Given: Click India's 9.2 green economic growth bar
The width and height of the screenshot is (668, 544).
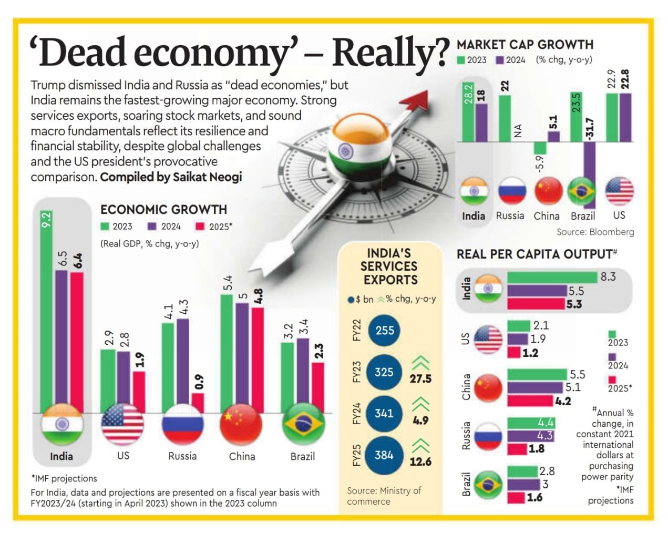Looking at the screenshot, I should [46, 315].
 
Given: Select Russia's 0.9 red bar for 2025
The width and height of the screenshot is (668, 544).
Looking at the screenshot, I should [198, 403].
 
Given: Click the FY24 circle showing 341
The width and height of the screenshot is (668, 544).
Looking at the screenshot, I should [384, 414].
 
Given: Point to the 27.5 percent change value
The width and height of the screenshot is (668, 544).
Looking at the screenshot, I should [420, 379].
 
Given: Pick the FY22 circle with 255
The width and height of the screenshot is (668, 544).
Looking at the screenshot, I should [384, 331].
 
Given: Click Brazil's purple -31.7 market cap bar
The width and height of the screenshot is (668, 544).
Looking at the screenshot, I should [589, 173].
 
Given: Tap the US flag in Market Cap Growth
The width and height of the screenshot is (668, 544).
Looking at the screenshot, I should [619, 191].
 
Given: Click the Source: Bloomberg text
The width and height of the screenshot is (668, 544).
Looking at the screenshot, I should [595, 232].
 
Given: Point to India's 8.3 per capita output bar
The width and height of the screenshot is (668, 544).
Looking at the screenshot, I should [552, 277].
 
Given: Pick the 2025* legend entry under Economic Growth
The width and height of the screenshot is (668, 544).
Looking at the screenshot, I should [214, 227].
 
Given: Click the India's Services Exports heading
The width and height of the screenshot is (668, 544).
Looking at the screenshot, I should [390, 266].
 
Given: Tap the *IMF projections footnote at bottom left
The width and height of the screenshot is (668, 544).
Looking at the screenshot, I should [64, 478].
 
